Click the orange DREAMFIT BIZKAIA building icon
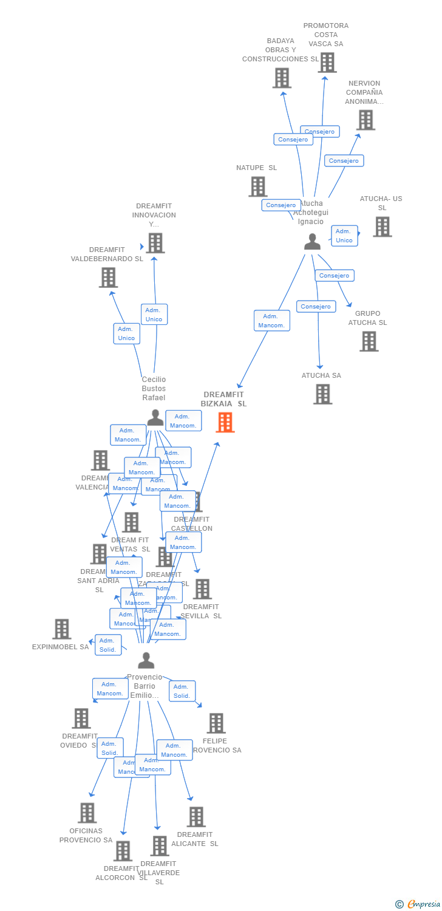[x=225, y=422]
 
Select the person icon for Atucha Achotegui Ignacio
[x=312, y=242]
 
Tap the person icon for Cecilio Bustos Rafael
[x=155, y=418]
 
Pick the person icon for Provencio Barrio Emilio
[x=146, y=660]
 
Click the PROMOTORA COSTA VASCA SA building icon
[x=327, y=63]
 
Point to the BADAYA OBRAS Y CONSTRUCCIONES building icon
[x=282, y=78]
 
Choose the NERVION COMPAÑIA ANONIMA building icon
[x=365, y=120]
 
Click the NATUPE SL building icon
[x=257, y=186]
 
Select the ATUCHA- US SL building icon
[x=382, y=227]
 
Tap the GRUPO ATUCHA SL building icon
[x=369, y=341]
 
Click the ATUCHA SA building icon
[x=322, y=394]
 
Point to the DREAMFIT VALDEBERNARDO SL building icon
[x=108, y=278]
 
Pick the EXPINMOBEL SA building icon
[x=61, y=629]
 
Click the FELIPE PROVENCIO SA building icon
[x=216, y=723]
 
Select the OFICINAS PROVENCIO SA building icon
[x=87, y=813]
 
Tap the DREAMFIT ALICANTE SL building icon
[x=195, y=817]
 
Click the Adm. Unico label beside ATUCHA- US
[x=344, y=236]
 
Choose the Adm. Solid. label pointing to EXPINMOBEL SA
[x=108, y=645]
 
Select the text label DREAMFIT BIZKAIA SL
[x=224, y=399]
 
